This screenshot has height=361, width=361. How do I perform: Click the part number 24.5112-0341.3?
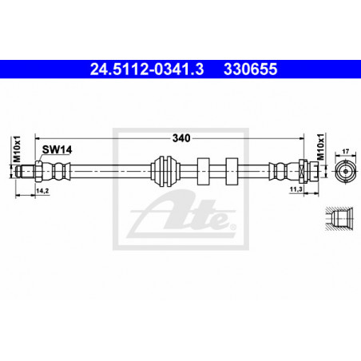(147, 69)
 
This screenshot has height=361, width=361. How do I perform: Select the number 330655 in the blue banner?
(251, 69)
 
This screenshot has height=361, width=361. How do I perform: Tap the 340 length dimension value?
(181, 138)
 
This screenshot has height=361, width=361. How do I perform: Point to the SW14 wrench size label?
(57, 149)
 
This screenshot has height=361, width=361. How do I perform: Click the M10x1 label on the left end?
(17, 149)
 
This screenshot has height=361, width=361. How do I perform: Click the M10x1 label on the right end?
(321, 147)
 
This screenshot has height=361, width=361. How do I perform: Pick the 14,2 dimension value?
(42, 191)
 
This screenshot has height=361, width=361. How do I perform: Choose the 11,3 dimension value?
(296, 189)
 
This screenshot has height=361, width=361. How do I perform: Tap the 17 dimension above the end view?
(346, 152)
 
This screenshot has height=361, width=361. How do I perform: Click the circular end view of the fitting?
(346, 171)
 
